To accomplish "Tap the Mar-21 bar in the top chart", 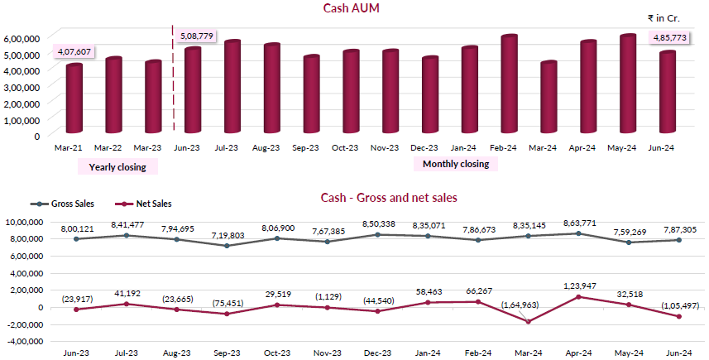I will pos(74,99).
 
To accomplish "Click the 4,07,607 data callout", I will pos(74,51).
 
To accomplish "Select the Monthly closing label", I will pos(455,164).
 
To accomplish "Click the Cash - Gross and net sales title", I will pos(389,198).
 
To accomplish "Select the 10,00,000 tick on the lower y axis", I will pos(29,222).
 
